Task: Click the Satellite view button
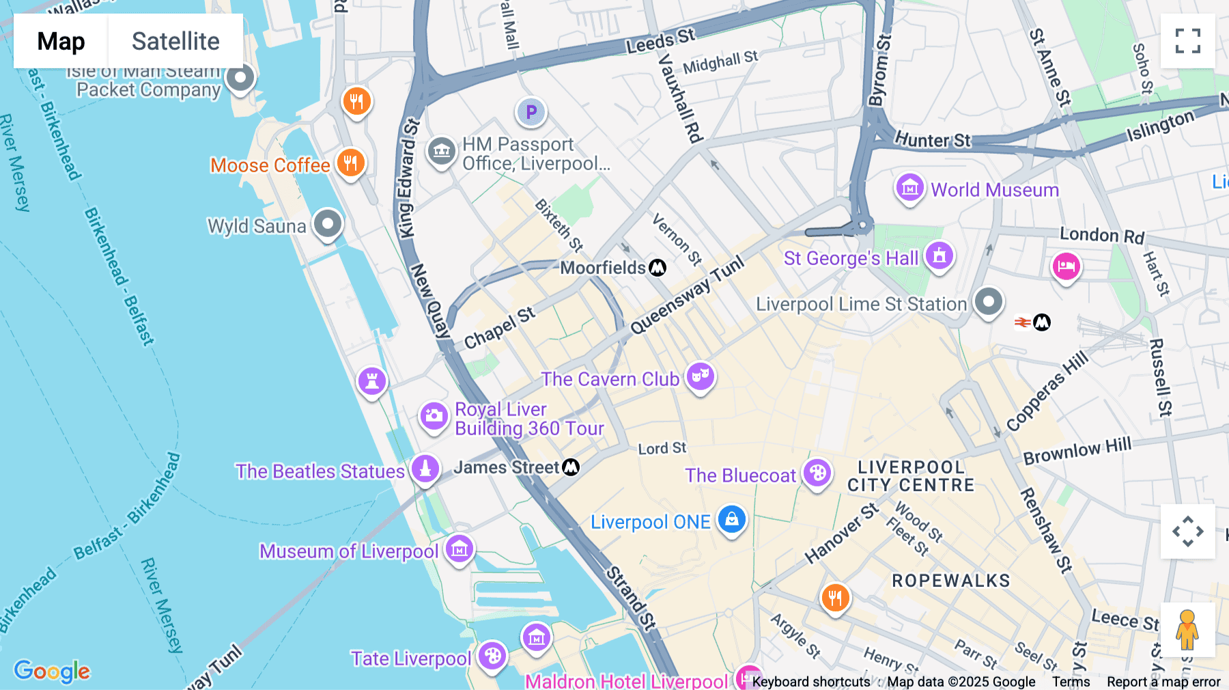(x=175, y=41)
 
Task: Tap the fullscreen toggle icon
(x=1187, y=41)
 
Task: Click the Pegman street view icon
(x=1187, y=629)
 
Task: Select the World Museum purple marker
(x=909, y=187)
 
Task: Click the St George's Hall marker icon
(x=940, y=256)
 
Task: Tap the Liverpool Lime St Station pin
(x=988, y=301)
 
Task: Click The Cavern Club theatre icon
(x=700, y=376)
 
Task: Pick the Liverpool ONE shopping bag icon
(x=731, y=520)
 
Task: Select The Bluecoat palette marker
(x=817, y=473)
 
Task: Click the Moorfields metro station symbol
(x=658, y=268)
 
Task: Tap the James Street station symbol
(x=571, y=467)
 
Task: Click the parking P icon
(x=531, y=111)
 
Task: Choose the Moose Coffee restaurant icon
(x=350, y=163)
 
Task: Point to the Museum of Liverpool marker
(x=460, y=549)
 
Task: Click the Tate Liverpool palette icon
(x=492, y=657)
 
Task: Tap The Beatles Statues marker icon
(x=425, y=469)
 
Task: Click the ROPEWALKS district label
(x=950, y=581)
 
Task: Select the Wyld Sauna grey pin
(x=328, y=223)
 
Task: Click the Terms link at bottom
(x=1071, y=681)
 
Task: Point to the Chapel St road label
(x=499, y=328)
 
